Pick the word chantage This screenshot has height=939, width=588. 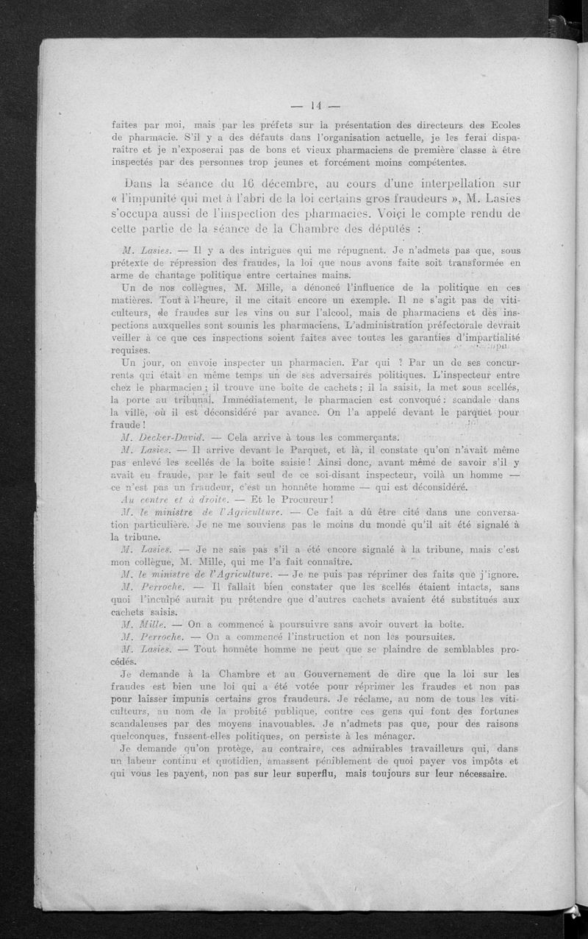pos(172,274)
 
